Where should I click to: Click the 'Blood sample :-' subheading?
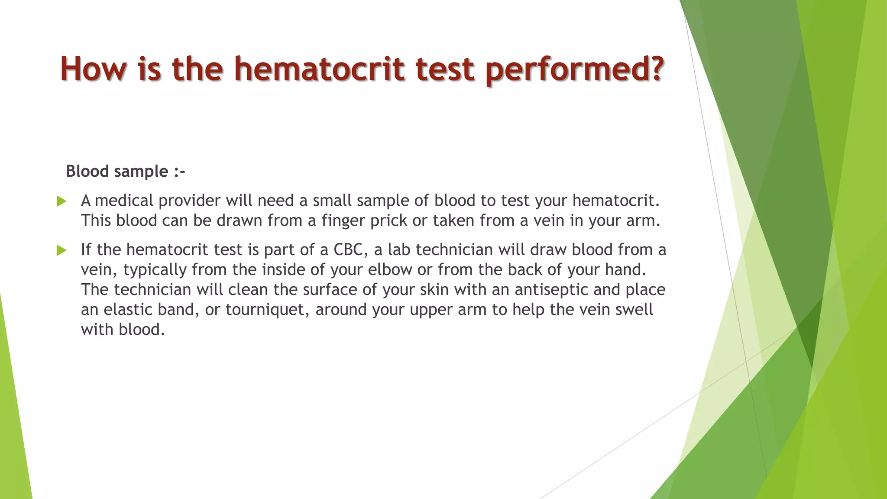125,172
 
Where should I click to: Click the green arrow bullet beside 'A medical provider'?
62,201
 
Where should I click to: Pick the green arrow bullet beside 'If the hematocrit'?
62,250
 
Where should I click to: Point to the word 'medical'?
124,201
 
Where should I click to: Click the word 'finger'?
343,221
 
